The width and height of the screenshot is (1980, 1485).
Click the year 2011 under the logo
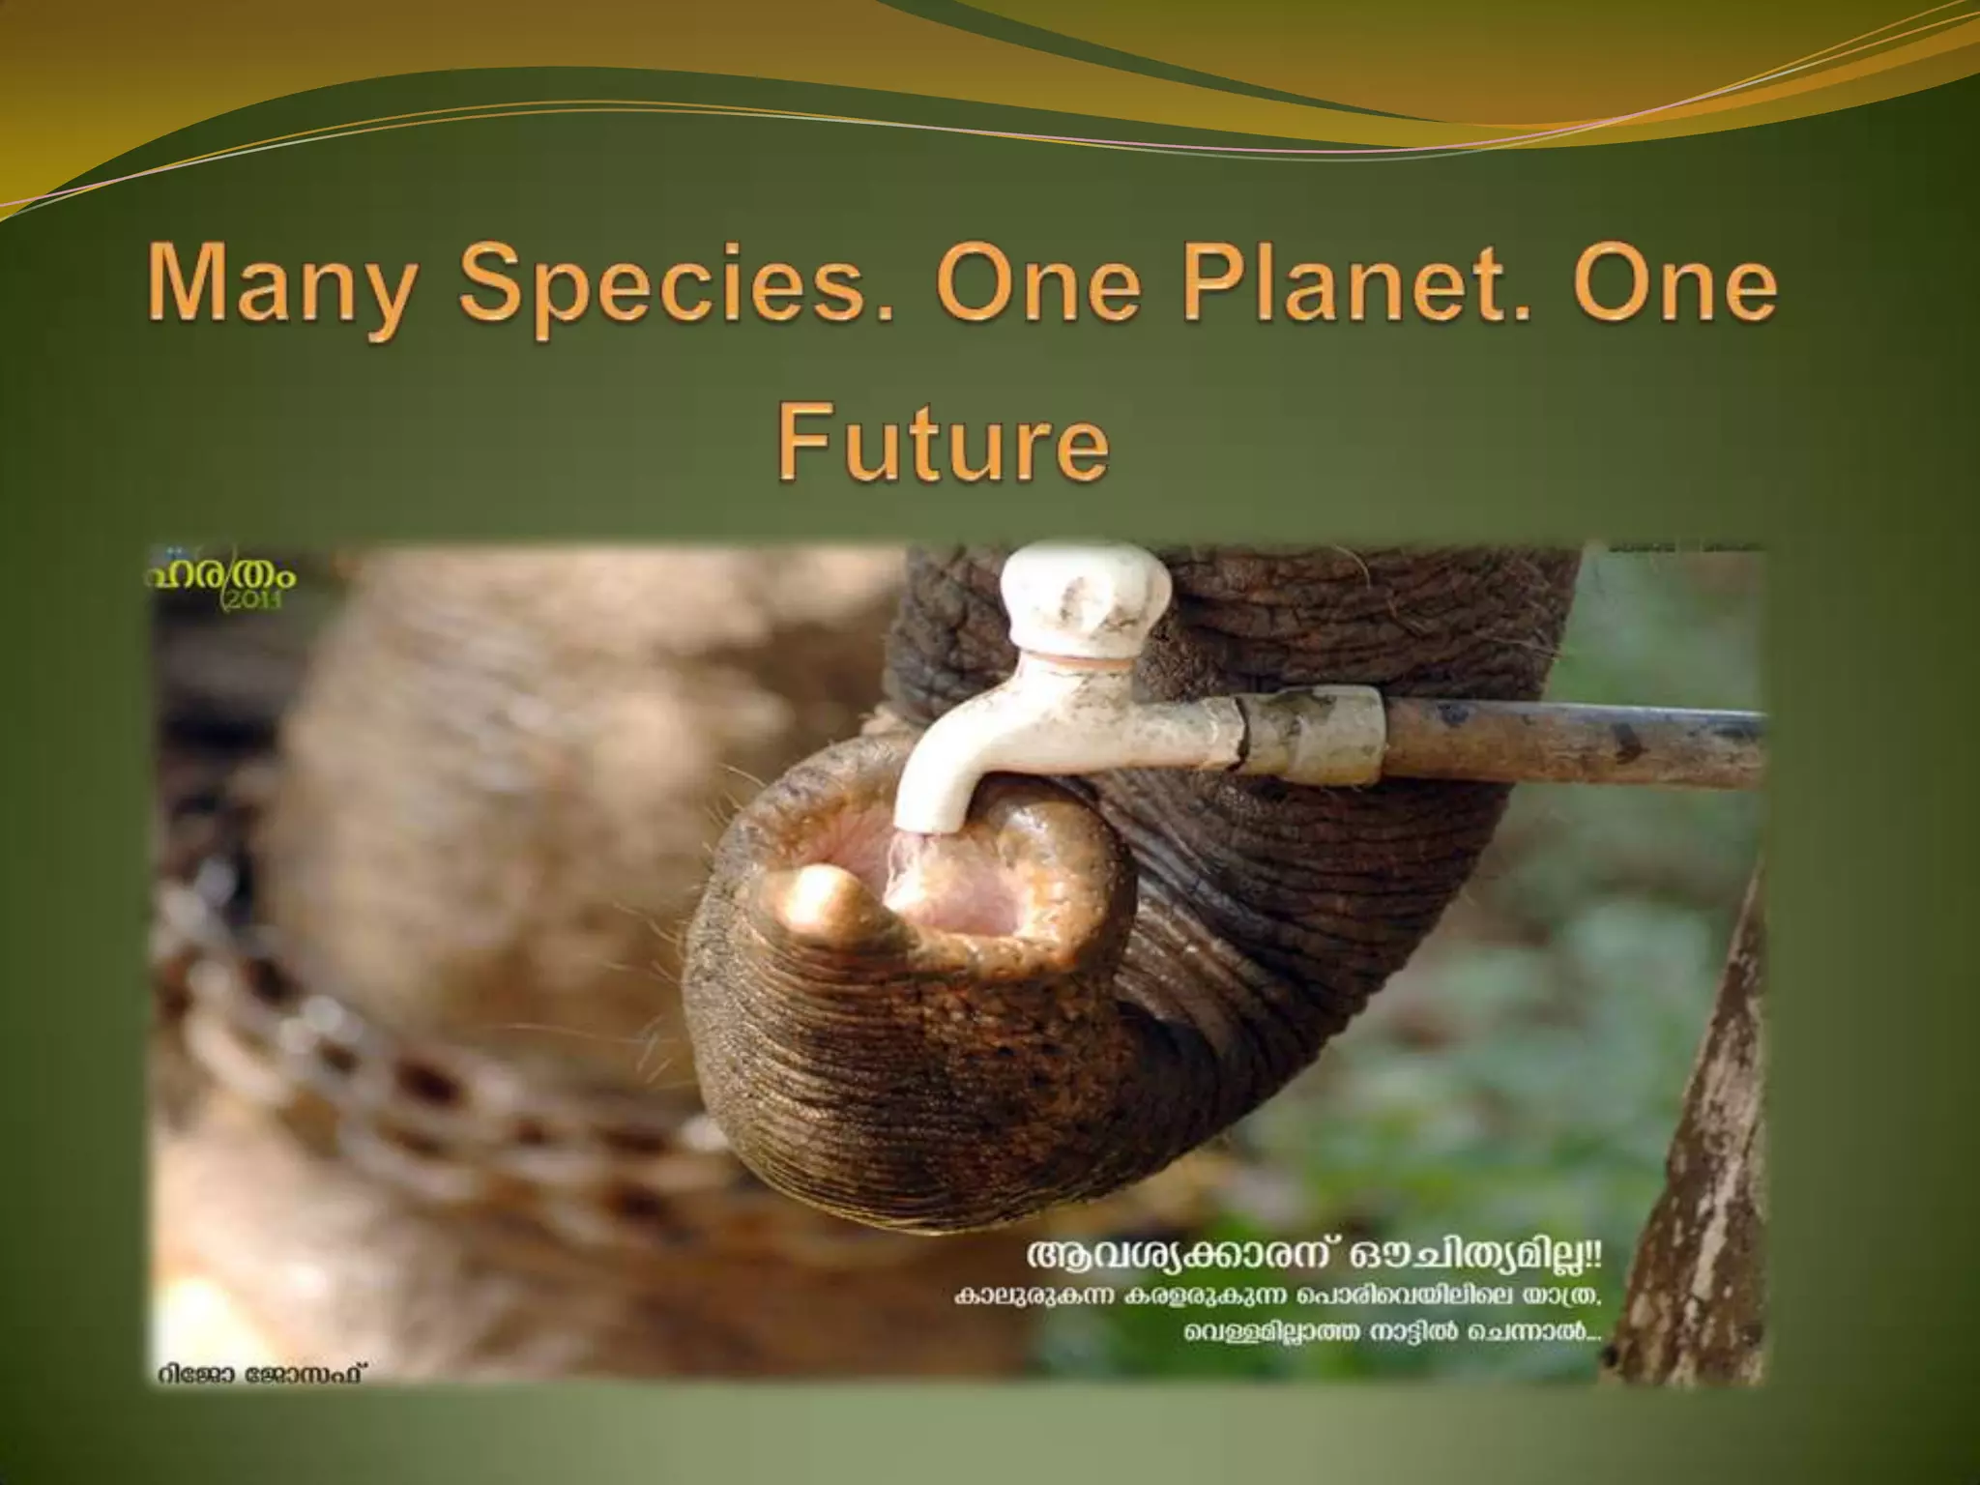tap(252, 600)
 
